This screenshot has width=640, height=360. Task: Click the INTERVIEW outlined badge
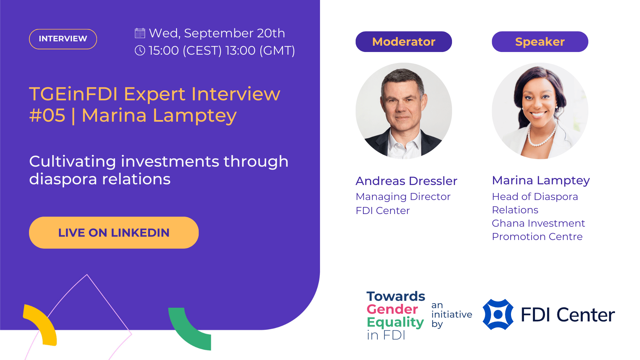tap(63, 39)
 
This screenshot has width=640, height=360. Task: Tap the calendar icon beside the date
tap(140, 33)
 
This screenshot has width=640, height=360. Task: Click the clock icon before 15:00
tap(140, 50)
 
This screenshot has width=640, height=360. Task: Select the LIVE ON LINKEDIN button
tap(114, 233)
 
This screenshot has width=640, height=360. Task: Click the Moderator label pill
tap(404, 42)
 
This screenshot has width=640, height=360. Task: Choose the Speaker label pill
tap(540, 42)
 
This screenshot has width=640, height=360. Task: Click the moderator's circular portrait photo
tap(404, 111)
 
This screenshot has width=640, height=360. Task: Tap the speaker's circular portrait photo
tap(540, 111)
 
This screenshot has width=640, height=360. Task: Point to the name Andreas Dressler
tap(406, 181)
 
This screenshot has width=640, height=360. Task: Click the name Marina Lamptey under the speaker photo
tap(541, 181)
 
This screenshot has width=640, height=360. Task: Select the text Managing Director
tap(403, 197)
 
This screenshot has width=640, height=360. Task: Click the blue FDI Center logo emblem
tap(498, 314)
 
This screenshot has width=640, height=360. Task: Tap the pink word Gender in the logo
tap(392, 309)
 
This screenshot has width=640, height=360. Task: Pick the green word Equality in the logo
tap(395, 322)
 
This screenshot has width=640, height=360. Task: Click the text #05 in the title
tap(47, 116)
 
